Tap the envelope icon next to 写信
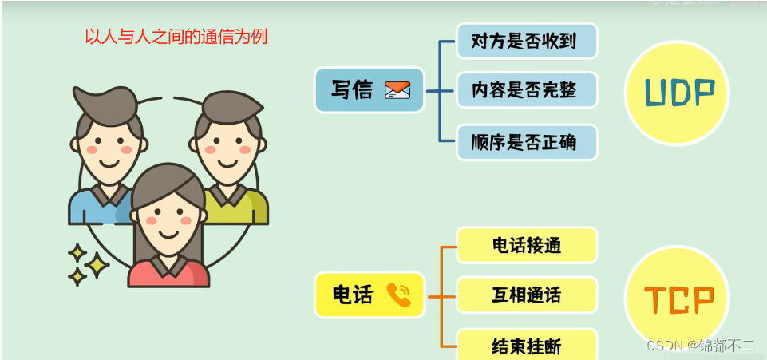pyautogui.click(x=397, y=90)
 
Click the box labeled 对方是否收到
pyautogui.click(x=526, y=42)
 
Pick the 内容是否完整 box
pyautogui.click(x=526, y=90)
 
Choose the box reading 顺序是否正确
pyautogui.click(x=526, y=143)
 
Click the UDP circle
pyautogui.click(x=678, y=93)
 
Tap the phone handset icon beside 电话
pyautogui.click(x=398, y=295)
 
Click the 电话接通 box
pyautogui.click(x=526, y=245)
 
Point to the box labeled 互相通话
pyautogui.click(x=526, y=295)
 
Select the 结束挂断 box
pyautogui.click(x=526, y=346)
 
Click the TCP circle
pyautogui.click(x=678, y=298)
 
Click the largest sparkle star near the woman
pyautogui.click(x=97, y=264)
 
